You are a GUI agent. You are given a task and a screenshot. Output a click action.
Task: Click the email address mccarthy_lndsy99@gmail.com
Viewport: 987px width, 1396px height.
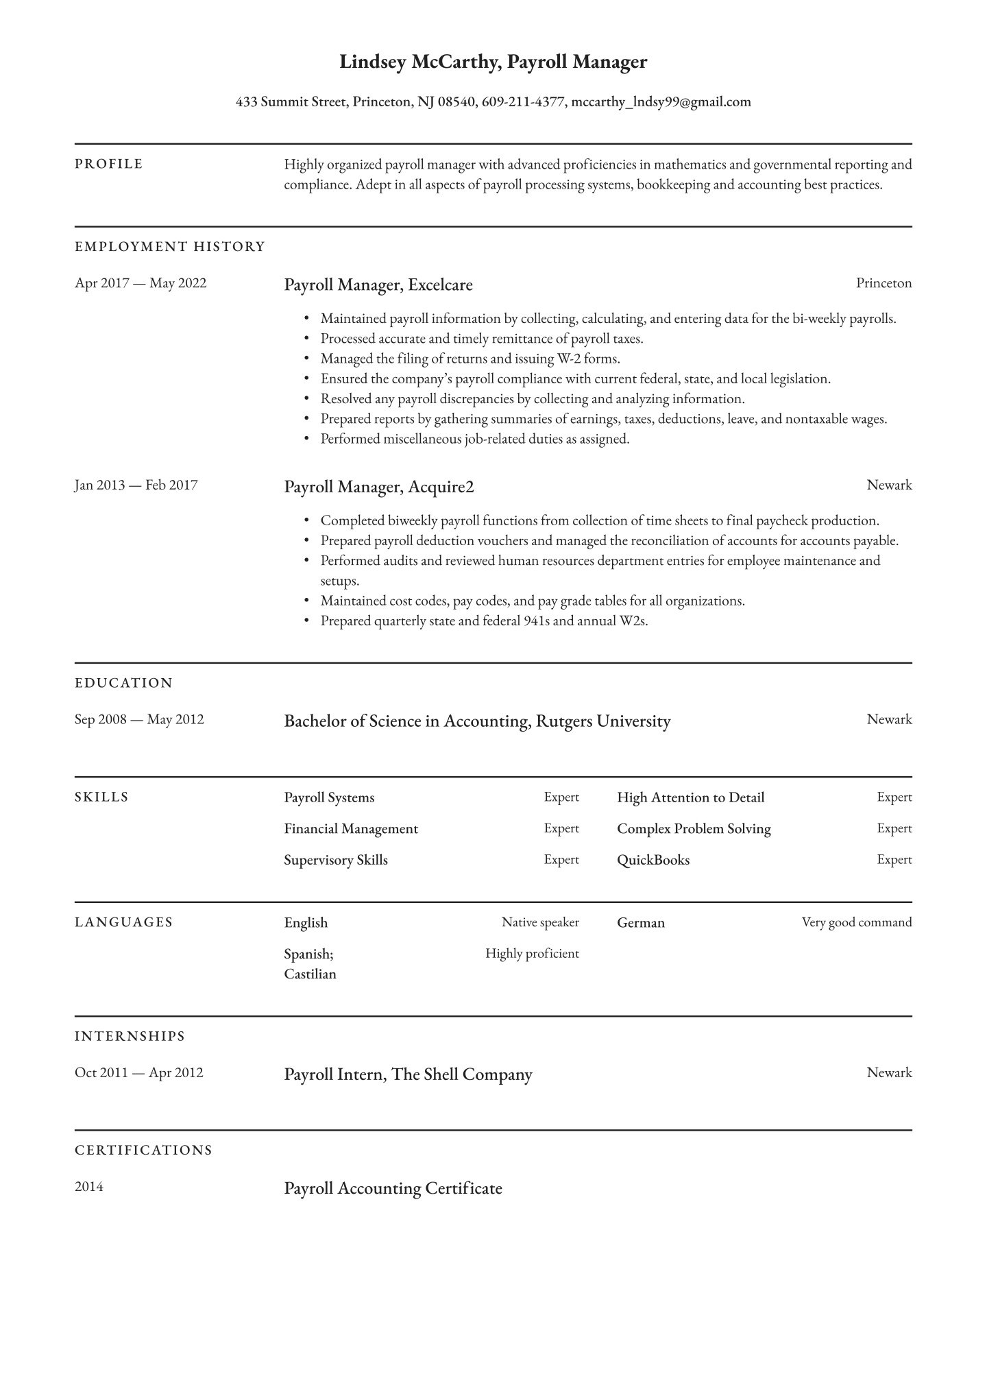pyautogui.click(x=661, y=102)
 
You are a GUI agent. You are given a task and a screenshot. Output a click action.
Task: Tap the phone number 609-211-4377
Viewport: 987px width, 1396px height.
pyautogui.click(x=523, y=102)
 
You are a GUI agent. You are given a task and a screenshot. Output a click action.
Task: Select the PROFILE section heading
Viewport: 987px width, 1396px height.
pyautogui.click(x=109, y=164)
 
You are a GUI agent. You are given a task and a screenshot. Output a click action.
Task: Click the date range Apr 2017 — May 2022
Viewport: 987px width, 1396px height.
pyautogui.click(x=141, y=283)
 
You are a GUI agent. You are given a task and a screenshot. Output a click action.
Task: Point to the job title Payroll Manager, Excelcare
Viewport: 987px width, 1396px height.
pyautogui.click(x=378, y=285)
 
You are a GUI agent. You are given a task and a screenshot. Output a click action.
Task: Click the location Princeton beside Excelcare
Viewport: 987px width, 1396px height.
pyautogui.click(x=884, y=283)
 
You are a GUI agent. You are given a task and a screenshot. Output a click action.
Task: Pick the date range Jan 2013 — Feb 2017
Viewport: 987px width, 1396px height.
pyautogui.click(x=136, y=485)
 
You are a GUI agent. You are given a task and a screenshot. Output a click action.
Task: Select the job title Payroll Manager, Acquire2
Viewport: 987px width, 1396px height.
pyautogui.click(x=379, y=487)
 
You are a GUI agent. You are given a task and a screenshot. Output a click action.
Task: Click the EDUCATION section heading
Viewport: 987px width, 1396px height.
pyautogui.click(x=123, y=683)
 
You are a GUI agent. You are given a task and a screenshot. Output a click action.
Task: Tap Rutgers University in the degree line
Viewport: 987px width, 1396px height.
pyautogui.click(x=602, y=721)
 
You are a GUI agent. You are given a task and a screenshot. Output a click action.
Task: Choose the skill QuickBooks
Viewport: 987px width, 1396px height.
pyautogui.click(x=653, y=860)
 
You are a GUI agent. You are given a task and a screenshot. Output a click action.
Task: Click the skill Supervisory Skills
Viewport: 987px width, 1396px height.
pyautogui.click(x=336, y=860)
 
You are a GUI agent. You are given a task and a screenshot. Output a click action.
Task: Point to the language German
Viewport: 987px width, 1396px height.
pyautogui.click(x=641, y=923)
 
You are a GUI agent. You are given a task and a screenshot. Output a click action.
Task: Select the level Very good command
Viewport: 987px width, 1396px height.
pyautogui.click(x=857, y=922)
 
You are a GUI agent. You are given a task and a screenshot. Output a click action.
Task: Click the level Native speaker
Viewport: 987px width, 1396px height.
pyautogui.click(x=540, y=922)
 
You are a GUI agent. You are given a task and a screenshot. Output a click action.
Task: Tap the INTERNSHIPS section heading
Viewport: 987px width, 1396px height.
pyautogui.click(x=130, y=1036)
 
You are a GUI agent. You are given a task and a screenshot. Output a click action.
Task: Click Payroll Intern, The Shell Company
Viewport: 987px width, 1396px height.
pyautogui.click(x=408, y=1074)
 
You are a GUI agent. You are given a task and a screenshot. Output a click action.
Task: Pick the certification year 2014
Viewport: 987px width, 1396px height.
pyautogui.click(x=89, y=1187)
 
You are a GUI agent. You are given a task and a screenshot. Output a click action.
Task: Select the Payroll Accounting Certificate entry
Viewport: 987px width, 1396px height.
pyautogui.click(x=393, y=1188)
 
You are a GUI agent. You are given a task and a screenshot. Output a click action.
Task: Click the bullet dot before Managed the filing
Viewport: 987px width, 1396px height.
pyautogui.click(x=306, y=359)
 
